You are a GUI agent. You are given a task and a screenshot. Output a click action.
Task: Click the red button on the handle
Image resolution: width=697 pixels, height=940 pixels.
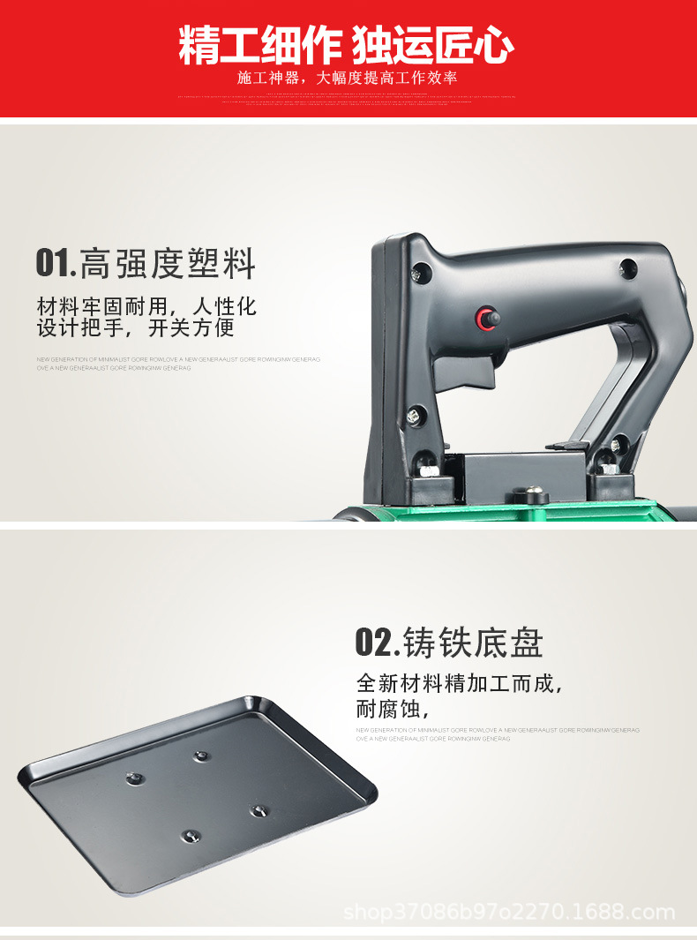coord(484,318)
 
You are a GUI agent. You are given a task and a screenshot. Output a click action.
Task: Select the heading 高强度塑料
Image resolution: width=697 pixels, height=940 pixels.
coord(168,263)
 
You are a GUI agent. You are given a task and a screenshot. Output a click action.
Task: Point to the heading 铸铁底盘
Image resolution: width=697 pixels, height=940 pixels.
coord(473,643)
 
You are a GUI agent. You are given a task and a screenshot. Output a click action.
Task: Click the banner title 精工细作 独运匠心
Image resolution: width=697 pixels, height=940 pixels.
coord(347,45)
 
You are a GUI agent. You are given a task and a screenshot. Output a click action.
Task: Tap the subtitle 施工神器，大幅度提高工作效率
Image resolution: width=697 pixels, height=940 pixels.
coord(348,79)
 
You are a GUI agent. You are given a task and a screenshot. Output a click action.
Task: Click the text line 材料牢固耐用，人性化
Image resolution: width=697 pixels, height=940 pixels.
coord(146,306)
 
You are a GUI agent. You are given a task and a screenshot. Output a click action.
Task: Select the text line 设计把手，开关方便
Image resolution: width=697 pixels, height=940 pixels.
coord(136,328)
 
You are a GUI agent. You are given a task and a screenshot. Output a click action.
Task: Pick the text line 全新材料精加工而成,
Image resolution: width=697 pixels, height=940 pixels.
coord(459,684)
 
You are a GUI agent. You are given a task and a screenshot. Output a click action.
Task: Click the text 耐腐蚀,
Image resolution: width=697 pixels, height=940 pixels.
coord(392,709)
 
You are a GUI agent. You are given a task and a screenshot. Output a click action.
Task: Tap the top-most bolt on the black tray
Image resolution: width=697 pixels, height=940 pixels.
coord(200,756)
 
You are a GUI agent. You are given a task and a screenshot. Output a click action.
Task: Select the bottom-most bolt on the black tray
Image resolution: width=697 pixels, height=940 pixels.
coord(188,835)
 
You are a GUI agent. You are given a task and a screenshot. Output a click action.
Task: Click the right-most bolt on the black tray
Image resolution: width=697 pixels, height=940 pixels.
coord(257,809)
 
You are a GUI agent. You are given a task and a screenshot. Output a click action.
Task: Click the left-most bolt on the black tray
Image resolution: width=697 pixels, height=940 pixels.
coord(135,778)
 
